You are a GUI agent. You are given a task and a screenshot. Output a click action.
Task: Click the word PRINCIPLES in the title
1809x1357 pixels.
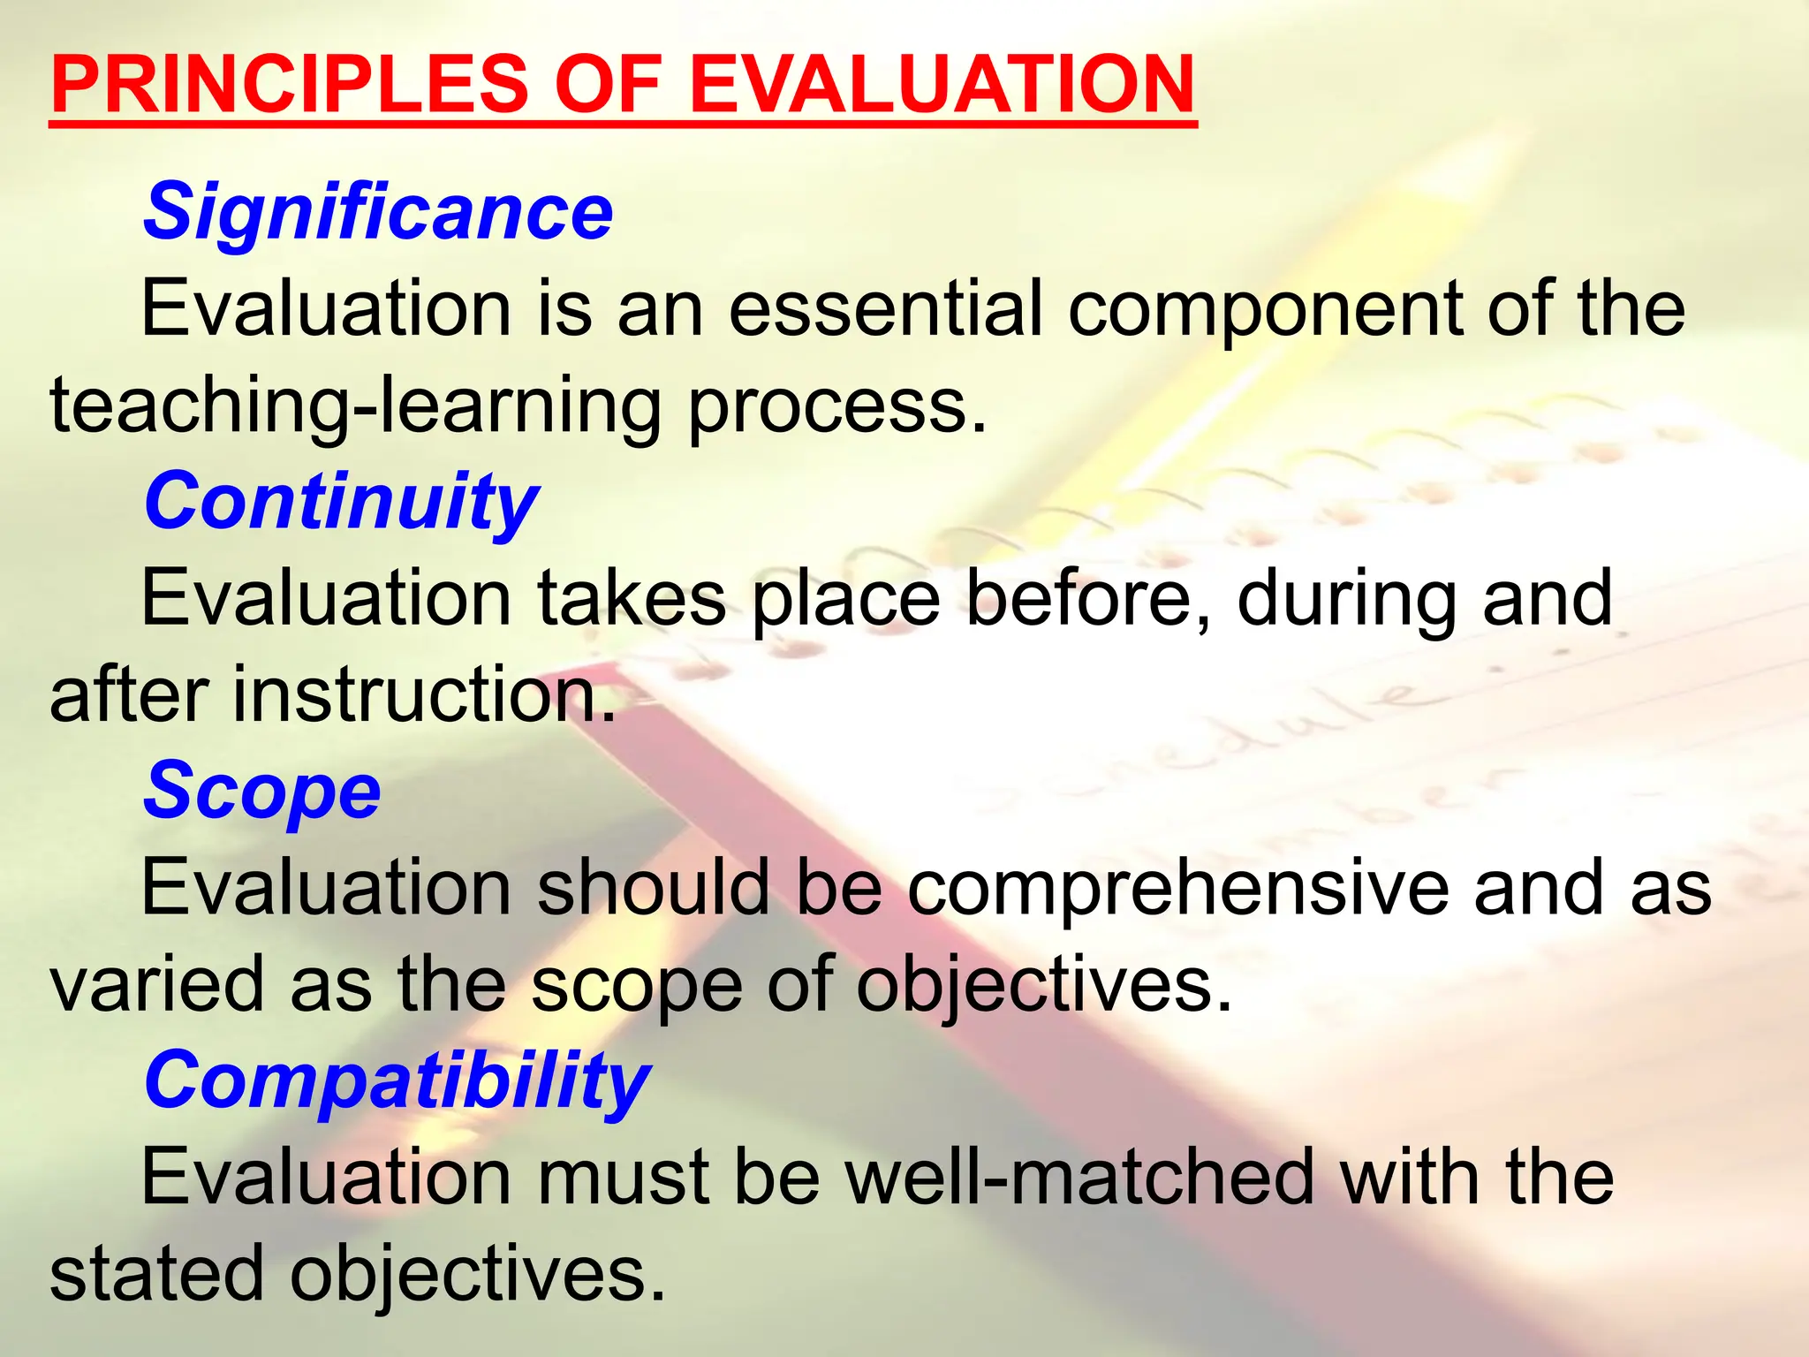[x=290, y=85]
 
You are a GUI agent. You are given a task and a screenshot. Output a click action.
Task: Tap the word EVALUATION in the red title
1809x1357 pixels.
[x=942, y=85]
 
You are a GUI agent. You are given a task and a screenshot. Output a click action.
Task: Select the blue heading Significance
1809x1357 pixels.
[x=378, y=212]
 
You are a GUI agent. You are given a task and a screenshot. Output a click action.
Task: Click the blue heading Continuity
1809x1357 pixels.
[x=341, y=502]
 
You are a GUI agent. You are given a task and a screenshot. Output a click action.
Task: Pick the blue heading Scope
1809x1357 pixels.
[x=262, y=792]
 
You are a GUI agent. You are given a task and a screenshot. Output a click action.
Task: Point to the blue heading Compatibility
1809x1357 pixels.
[x=397, y=1081]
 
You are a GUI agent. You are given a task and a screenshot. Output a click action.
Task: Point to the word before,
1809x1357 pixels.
[x=1089, y=599]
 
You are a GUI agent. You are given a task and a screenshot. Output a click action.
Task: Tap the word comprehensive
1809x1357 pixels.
[x=1177, y=889]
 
